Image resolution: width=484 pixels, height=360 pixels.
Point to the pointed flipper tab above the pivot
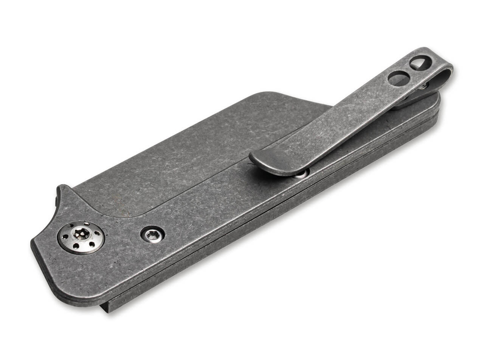point(62,193)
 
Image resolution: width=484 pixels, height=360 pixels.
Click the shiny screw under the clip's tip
point(301,174)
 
